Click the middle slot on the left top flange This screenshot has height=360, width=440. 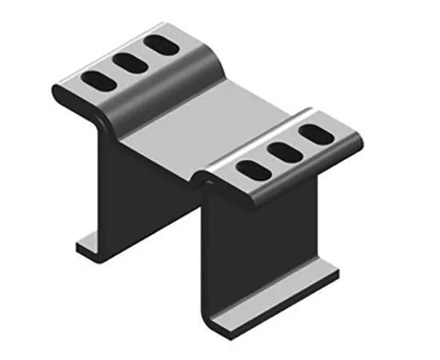tap(128, 62)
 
